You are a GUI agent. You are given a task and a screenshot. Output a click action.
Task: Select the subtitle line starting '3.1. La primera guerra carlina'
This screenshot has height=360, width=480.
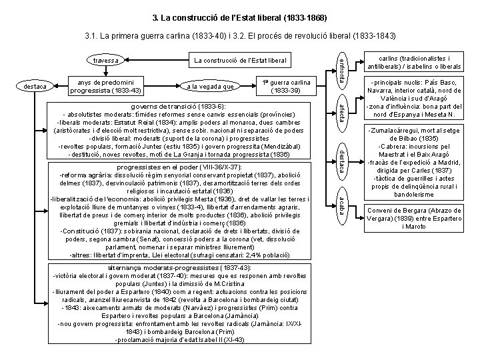click(240, 35)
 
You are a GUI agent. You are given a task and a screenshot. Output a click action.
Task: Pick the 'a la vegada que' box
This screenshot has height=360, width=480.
click(210, 85)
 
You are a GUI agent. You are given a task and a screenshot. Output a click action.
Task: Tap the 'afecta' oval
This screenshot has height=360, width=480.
click(341, 110)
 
